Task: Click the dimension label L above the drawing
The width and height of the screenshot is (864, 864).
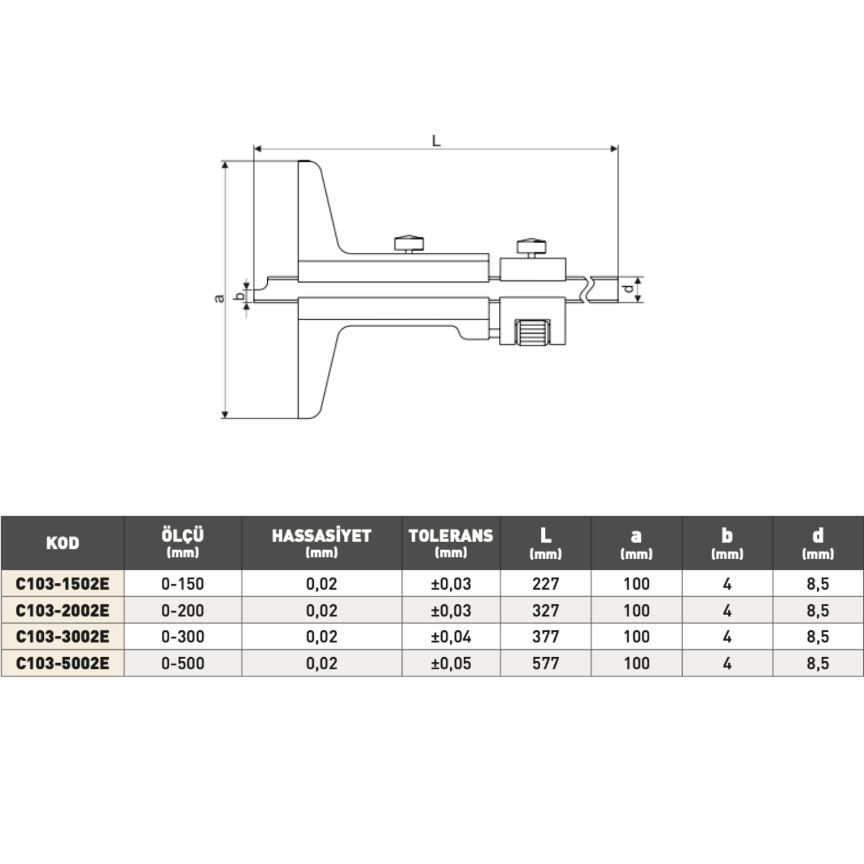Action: coord(436,141)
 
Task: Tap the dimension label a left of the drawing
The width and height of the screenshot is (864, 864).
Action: coord(219,298)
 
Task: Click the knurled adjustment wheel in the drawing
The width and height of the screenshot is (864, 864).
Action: coord(532,332)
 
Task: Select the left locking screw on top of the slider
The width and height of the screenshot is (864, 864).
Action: coord(410,244)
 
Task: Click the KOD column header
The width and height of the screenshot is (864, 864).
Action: coord(63,543)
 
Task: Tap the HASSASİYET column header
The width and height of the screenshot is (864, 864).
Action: coord(321,543)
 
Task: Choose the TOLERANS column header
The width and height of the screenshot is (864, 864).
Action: coord(451,543)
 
